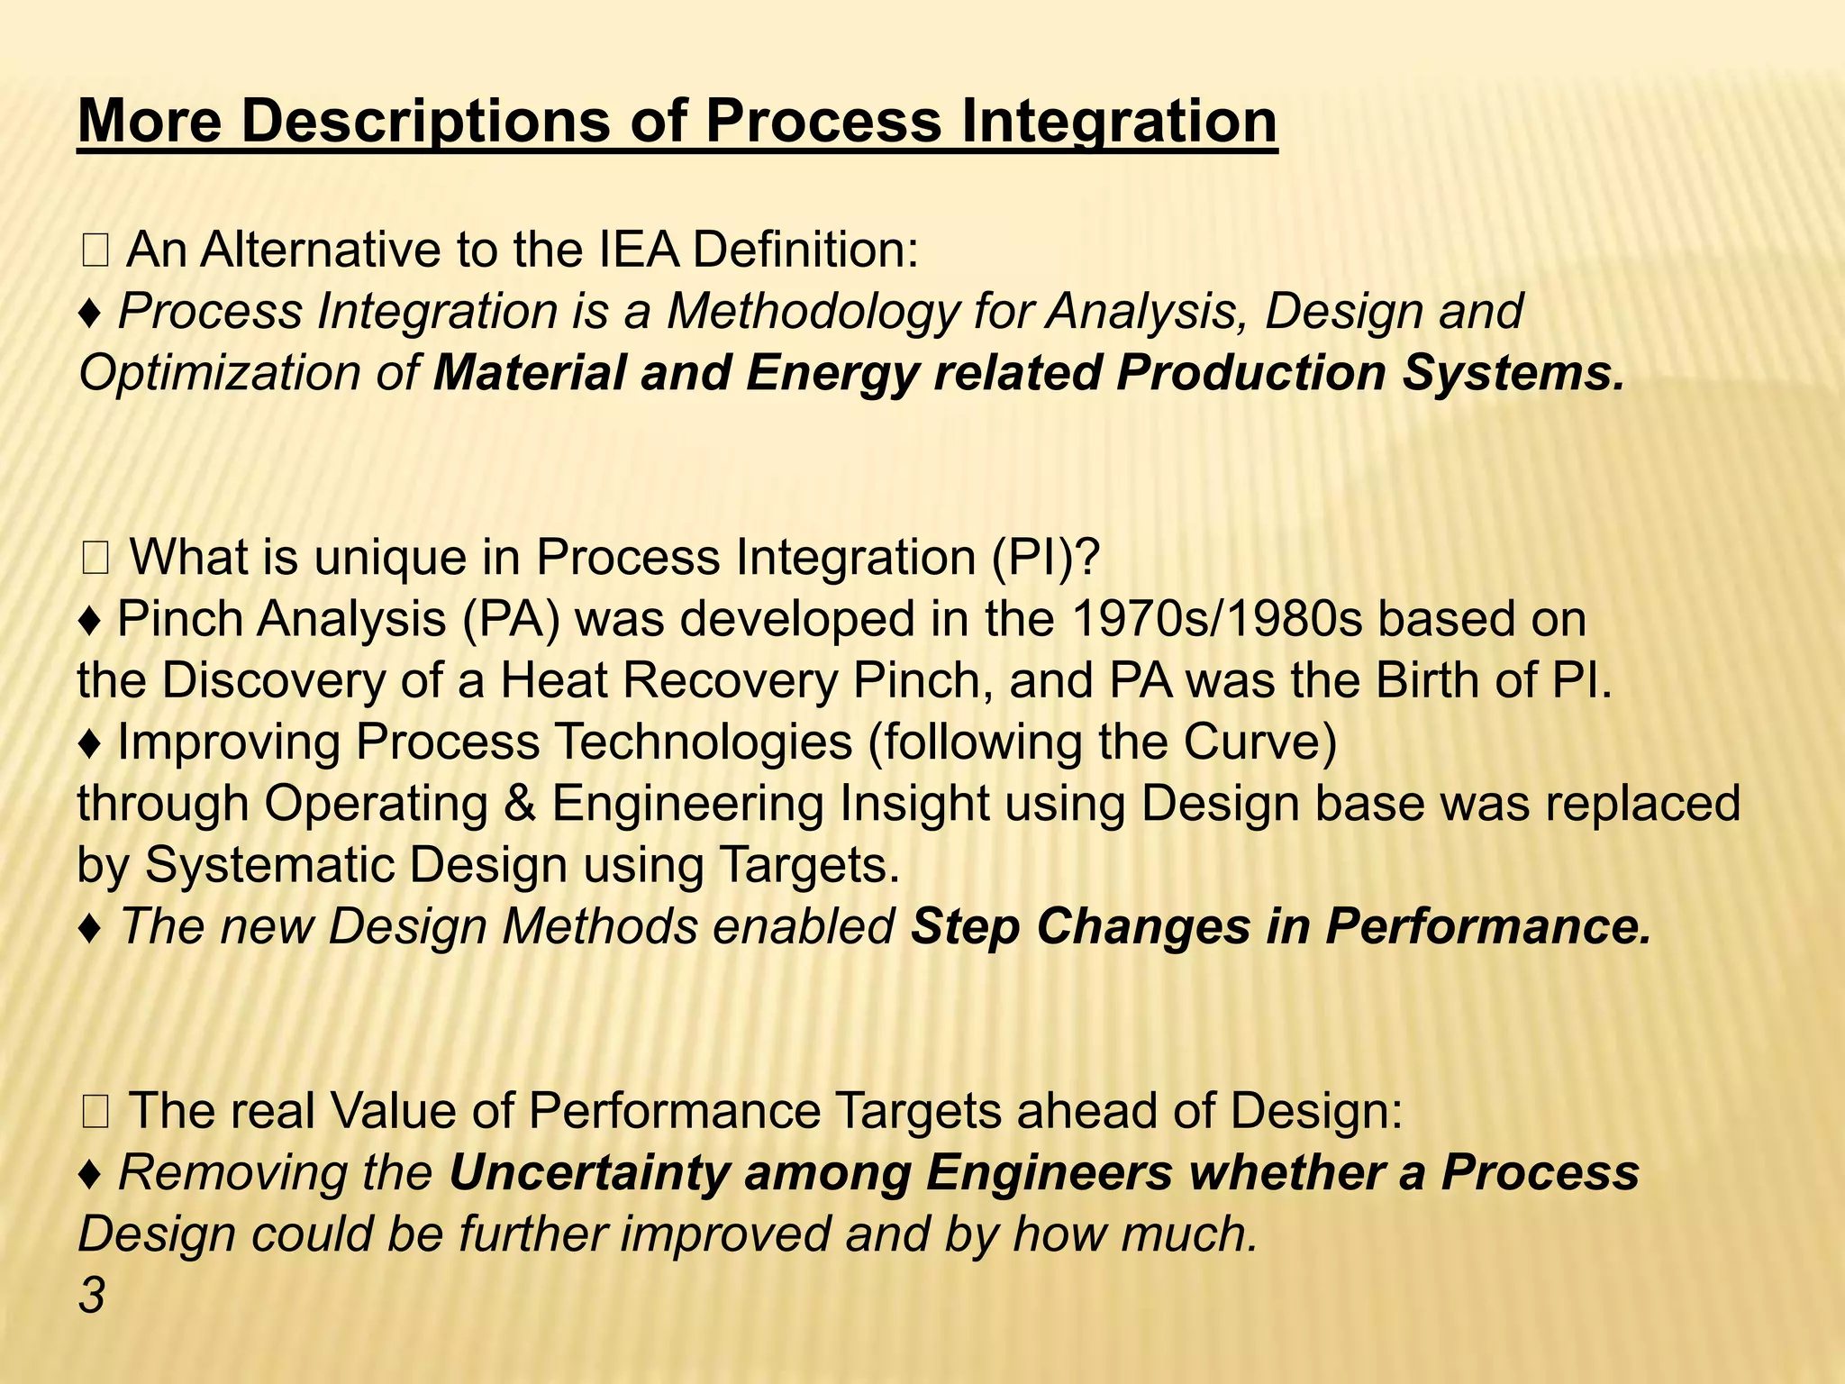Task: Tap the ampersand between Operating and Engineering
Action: tap(519, 804)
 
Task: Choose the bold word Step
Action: tap(965, 927)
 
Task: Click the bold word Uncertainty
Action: tap(586, 1172)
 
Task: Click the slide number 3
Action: tap(92, 1297)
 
